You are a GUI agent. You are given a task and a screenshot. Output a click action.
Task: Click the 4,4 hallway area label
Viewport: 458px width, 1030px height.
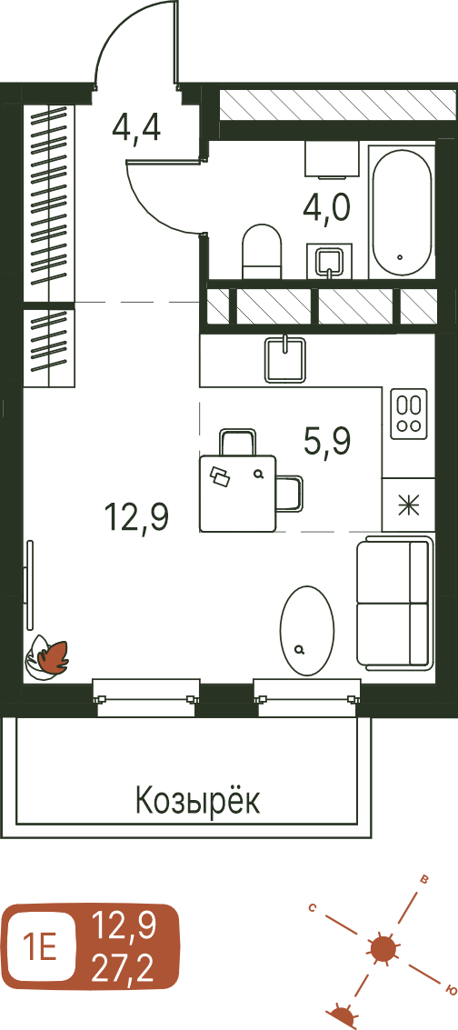click(x=136, y=127)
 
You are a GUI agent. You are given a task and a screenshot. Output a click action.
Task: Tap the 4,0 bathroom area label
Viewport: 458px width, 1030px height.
click(x=327, y=210)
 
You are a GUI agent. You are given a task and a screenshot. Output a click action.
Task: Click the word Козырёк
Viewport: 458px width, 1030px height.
click(x=197, y=801)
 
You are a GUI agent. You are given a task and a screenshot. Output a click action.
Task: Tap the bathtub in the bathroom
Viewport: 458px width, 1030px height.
click(x=402, y=212)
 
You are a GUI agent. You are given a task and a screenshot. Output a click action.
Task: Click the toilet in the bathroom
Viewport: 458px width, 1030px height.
click(x=262, y=252)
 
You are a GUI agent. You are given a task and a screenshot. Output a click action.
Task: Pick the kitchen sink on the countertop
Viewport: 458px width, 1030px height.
click(x=286, y=358)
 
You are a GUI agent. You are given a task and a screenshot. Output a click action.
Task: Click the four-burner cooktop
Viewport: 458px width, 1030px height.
click(x=409, y=414)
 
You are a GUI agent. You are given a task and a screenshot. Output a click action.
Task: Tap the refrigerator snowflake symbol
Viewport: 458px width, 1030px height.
click(x=409, y=504)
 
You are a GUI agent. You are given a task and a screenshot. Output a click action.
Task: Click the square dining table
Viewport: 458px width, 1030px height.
click(x=237, y=494)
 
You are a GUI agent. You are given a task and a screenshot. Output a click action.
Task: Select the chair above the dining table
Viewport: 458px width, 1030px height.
click(x=237, y=442)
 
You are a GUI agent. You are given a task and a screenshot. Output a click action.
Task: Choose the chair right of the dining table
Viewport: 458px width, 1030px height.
click(x=290, y=494)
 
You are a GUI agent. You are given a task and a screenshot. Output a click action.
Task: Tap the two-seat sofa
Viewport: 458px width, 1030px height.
click(x=395, y=603)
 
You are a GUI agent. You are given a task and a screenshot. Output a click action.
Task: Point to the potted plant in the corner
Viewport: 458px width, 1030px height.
click(x=46, y=657)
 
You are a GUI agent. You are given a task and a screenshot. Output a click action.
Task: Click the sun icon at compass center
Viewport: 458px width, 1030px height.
click(x=383, y=948)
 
